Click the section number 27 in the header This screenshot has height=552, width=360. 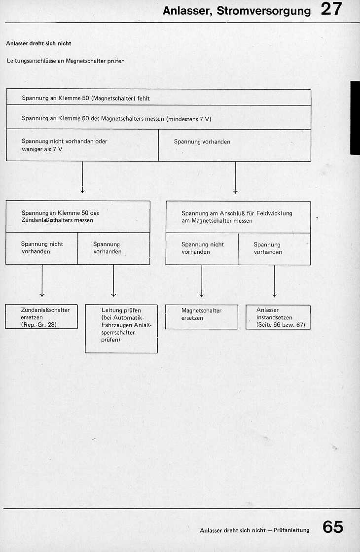pos(331,9)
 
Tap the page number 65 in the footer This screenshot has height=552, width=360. pos(333,527)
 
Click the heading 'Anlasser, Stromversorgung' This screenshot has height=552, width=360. pos(237,11)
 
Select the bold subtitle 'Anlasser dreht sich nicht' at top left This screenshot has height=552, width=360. pos(38,43)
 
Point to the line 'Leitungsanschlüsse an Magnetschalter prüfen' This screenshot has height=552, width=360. pos(66,62)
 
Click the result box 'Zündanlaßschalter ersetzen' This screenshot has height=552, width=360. pos(41,316)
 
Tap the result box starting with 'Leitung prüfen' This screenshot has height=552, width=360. pos(121,328)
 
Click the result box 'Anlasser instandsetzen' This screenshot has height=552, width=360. pos(278,316)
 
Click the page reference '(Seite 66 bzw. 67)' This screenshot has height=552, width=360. pos(281,325)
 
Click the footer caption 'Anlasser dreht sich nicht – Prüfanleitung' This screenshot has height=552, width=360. pos(254,530)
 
